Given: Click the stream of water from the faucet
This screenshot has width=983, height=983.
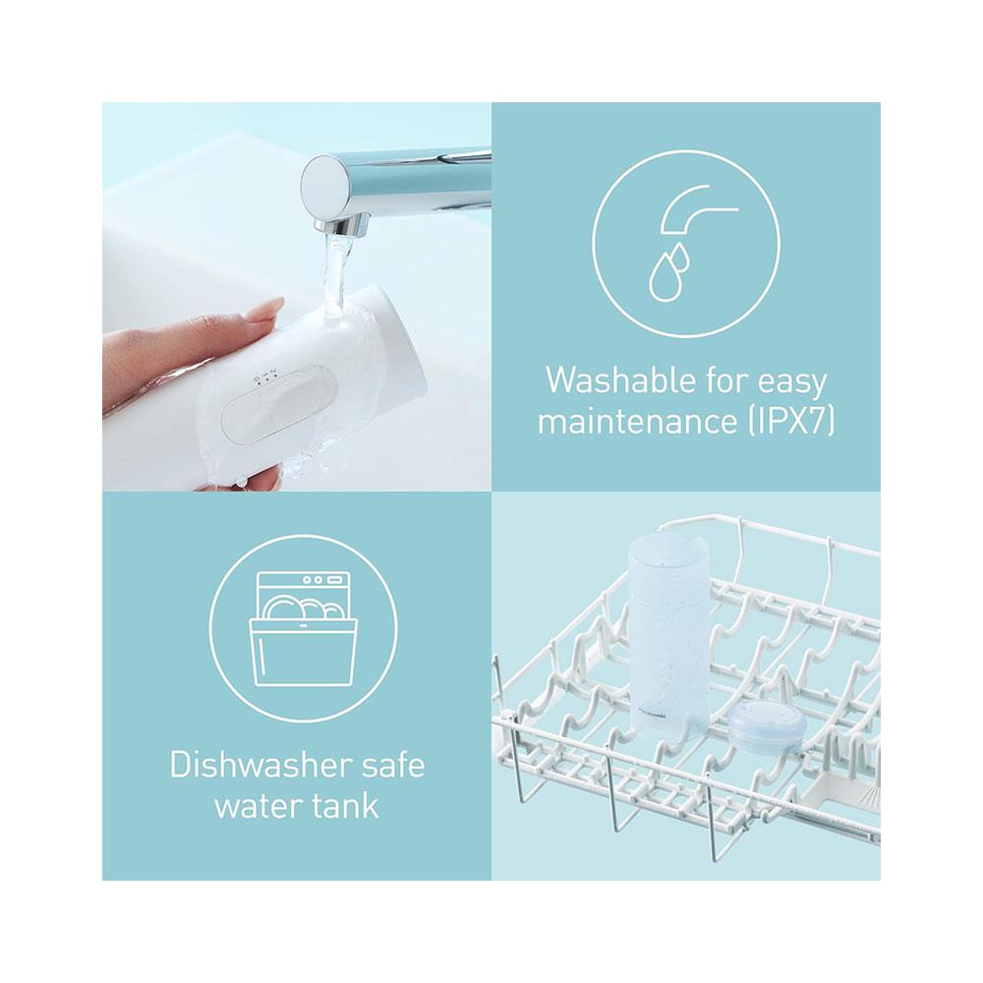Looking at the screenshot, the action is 335,276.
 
